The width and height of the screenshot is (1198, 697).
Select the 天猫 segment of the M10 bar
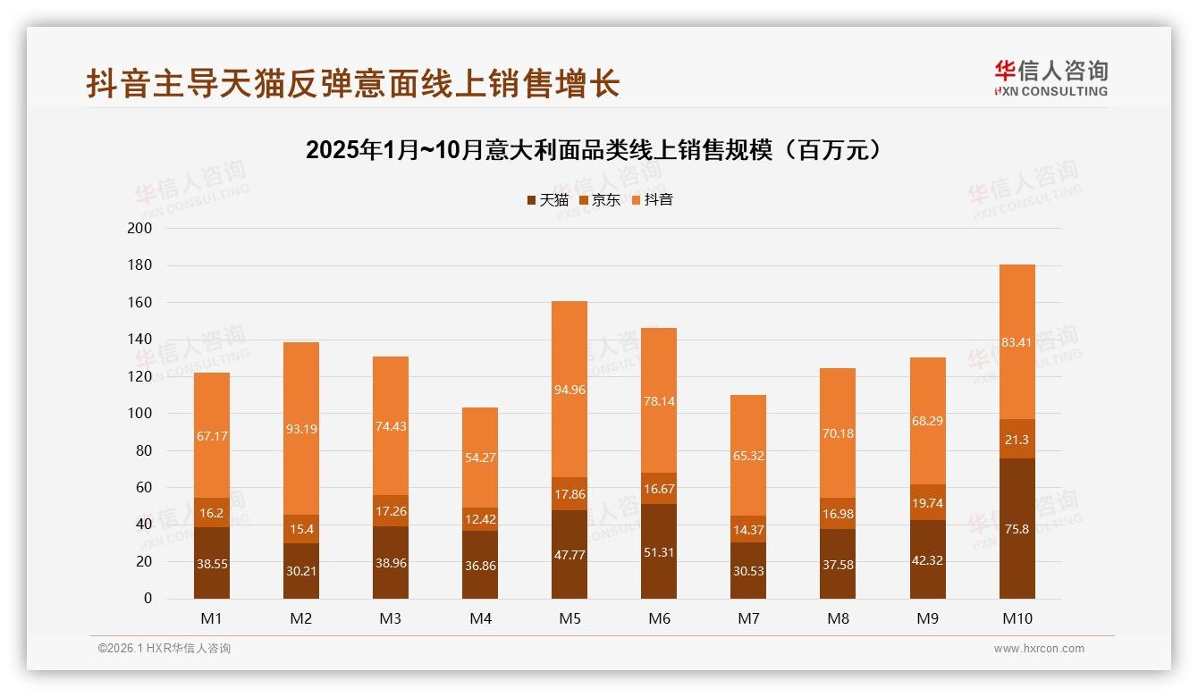point(1017,528)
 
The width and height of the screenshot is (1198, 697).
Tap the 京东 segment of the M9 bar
point(927,502)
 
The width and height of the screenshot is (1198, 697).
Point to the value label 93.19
point(301,429)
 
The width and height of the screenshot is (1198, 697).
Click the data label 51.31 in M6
point(659,552)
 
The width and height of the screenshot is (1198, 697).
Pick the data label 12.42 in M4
point(480,519)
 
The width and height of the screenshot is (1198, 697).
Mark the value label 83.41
point(1017,341)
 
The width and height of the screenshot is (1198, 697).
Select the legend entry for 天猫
point(547,200)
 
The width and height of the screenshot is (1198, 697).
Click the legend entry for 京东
point(599,200)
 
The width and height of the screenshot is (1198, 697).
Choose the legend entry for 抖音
point(652,200)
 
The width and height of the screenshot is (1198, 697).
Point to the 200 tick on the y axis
point(140,229)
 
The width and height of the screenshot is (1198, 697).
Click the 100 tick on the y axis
point(140,414)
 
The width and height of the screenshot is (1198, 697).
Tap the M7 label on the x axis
point(748,618)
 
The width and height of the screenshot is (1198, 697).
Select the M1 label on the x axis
point(212,618)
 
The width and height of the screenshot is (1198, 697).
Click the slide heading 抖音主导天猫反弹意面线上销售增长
point(353,84)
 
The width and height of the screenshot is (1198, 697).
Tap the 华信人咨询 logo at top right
point(1050,78)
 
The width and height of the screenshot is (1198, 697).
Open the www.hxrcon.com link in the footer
point(1039,649)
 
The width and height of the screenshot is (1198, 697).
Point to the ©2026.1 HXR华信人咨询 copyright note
point(165,649)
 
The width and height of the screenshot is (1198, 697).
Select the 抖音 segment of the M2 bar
point(301,428)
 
